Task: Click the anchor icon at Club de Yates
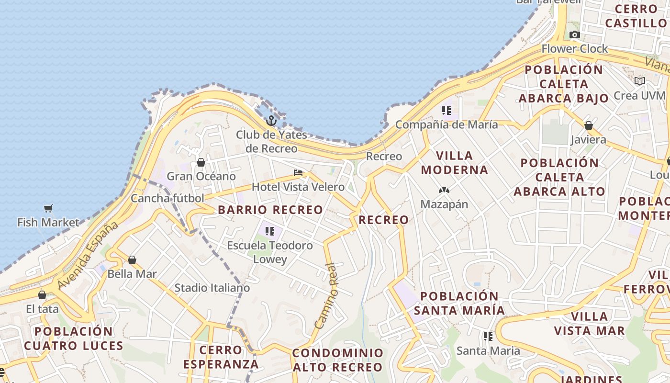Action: (x=271, y=121)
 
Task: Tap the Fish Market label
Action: (x=48, y=222)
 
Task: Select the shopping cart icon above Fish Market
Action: (x=48, y=208)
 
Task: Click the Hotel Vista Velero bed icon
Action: (x=298, y=173)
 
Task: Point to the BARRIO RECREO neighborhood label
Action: (x=270, y=210)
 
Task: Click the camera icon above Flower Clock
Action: (x=575, y=34)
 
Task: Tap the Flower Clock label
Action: (x=574, y=48)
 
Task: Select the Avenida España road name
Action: (x=88, y=255)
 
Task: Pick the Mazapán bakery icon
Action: (x=444, y=191)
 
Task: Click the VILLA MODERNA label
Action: (x=454, y=163)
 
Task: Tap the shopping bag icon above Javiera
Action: (x=589, y=126)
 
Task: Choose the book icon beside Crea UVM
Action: (x=640, y=81)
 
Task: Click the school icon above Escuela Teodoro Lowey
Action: (x=270, y=232)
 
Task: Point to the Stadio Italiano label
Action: (x=212, y=288)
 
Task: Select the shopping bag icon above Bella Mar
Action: (x=132, y=260)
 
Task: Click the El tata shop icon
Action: (x=42, y=295)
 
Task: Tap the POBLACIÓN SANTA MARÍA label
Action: (x=459, y=303)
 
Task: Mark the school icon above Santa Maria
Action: (x=488, y=337)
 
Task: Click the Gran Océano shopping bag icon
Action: (x=201, y=163)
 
